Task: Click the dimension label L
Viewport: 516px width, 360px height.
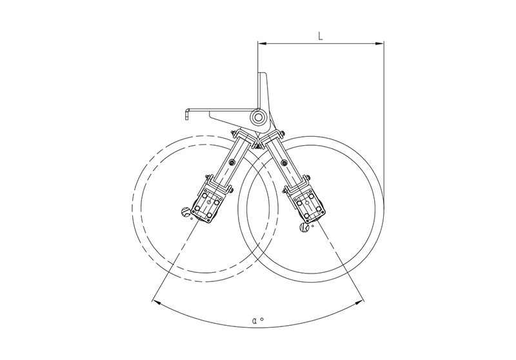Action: pyautogui.click(x=321, y=35)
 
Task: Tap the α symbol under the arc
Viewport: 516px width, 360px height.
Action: pyautogui.click(x=255, y=320)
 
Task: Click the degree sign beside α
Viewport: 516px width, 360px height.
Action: pyautogui.click(x=262, y=319)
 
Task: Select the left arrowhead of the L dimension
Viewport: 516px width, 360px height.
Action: pyautogui.click(x=262, y=43)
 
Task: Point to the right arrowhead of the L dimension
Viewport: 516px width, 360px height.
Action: pyautogui.click(x=380, y=43)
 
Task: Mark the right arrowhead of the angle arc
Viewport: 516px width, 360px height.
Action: pyautogui.click(x=360, y=303)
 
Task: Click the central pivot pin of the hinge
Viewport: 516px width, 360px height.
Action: pyautogui.click(x=259, y=117)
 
